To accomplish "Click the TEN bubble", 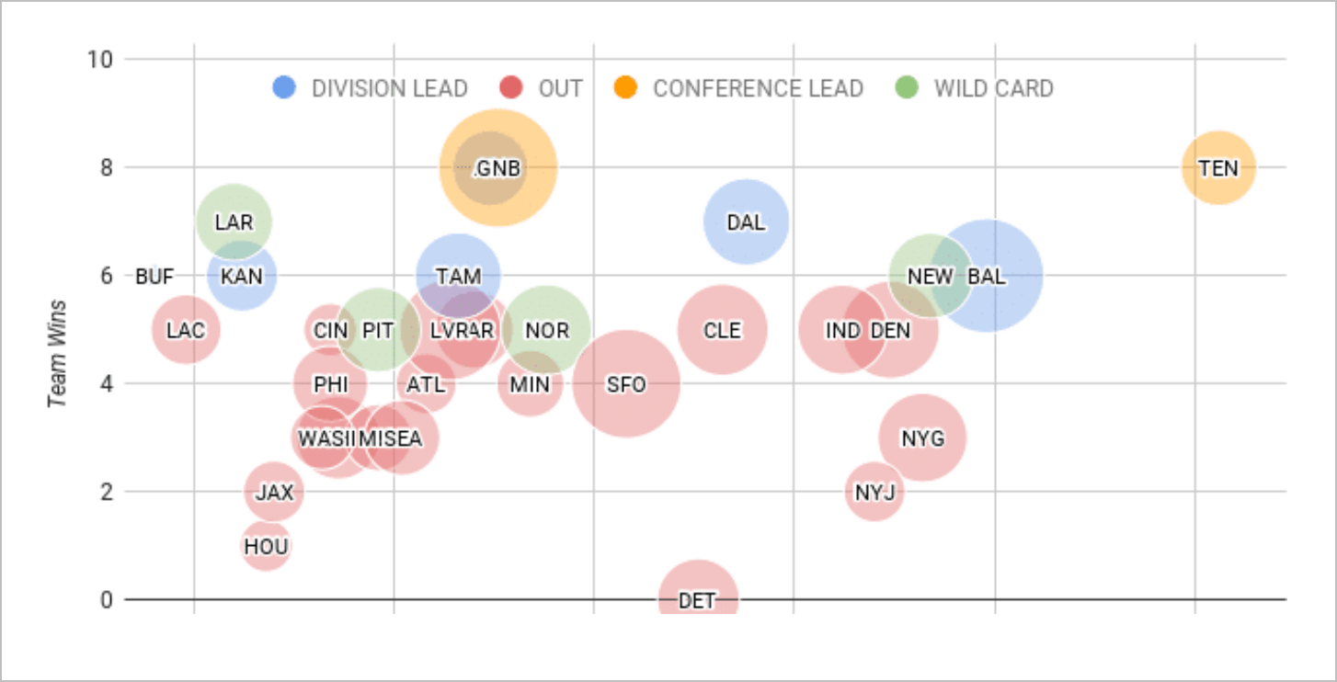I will (x=1217, y=167).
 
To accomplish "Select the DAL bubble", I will (x=746, y=222).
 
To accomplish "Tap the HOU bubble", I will (x=266, y=546).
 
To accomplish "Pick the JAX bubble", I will (x=273, y=492).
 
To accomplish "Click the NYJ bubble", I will (x=874, y=492).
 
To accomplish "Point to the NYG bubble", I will (x=921, y=438).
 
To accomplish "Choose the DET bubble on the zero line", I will (x=697, y=598).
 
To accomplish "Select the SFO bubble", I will (x=625, y=384).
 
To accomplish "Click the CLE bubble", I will (x=722, y=330).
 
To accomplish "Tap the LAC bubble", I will (x=186, y=330).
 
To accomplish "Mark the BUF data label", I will (x=154, y=276).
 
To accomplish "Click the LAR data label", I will (x=234, y=222).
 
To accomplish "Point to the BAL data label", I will (x=987, y=276).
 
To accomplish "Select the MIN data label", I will (x=530, y=384).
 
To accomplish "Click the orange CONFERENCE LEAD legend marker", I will (x=625, y=88).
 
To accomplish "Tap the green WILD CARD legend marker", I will (x=907, y=88).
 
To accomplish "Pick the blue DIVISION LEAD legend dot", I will (x=284, y=88).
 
